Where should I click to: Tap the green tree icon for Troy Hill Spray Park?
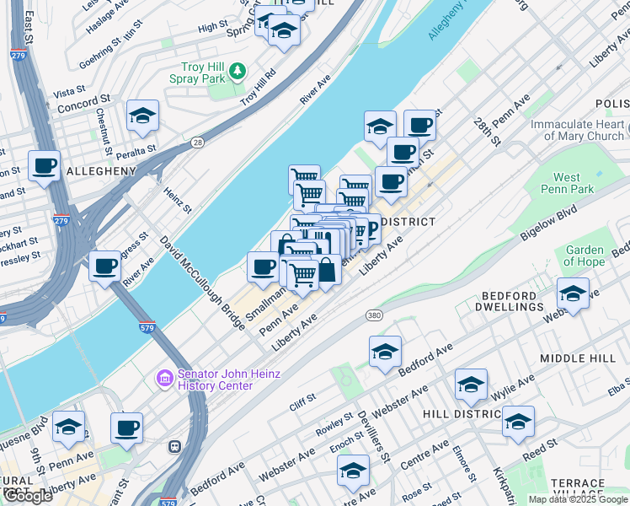pos(238,69)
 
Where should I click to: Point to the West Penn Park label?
pos(579,183)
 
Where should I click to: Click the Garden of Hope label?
pos(585,256)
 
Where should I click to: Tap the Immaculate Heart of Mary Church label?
pos(577,130)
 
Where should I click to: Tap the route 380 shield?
pos(375,315)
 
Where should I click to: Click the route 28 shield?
pos(196,142)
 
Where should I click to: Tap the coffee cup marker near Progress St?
pos(105,266)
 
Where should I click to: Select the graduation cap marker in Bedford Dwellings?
pos(573,293)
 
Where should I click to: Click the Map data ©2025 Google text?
pos(578,499)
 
